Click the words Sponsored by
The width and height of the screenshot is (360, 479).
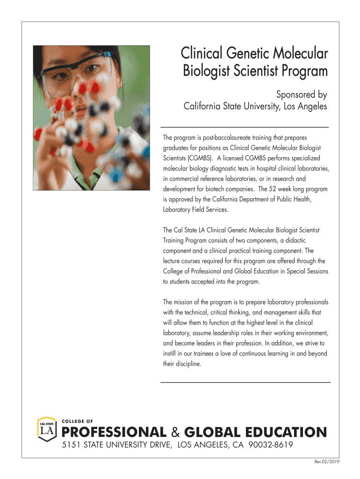tap(301, 94)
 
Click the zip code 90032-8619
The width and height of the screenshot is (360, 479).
tap(270, 445)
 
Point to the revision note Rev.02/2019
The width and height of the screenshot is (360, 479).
tap(326, 462)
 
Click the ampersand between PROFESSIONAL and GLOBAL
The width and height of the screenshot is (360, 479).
tap(175, 432)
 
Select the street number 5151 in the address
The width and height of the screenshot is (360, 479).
tap(72, 445)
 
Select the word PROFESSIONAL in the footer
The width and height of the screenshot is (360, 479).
tap(114, 432)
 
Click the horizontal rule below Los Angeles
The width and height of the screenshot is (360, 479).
tap(245, 127)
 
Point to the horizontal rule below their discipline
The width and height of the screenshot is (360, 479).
tap(245, 382)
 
